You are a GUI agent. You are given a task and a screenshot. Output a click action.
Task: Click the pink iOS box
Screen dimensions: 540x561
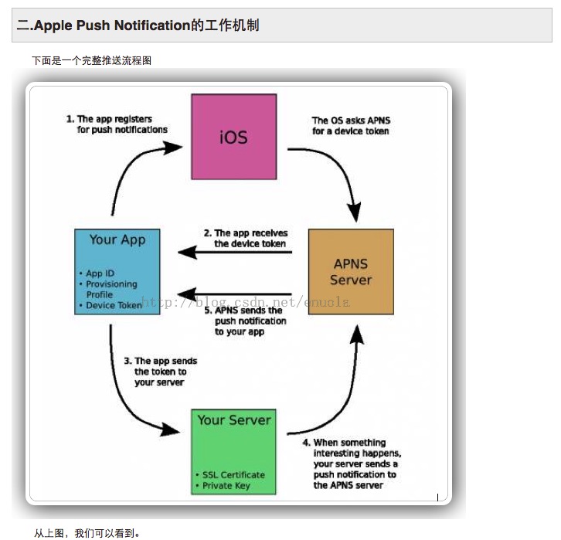pos(233,137)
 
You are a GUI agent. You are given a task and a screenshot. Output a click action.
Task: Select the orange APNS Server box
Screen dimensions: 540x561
pos(351,271)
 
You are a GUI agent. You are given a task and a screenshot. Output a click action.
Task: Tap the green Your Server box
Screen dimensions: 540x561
pos(233,452)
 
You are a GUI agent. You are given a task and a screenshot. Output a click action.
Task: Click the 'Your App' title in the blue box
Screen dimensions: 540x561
pos(117,239)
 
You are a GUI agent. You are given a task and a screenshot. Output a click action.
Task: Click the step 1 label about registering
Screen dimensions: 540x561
pos(117,124)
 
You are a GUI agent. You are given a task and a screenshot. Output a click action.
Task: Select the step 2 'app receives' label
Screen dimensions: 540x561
pos(245,238)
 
